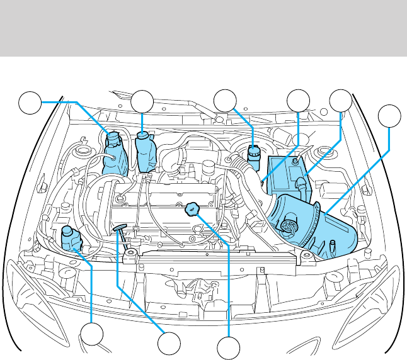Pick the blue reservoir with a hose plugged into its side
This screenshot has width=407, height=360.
(x=115, y=153)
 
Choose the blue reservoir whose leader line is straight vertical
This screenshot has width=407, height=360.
(x=146, y=151)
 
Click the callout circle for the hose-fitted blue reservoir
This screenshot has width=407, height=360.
(x=29, y=102)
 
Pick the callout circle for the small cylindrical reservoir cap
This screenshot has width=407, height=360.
(x=224, y=101)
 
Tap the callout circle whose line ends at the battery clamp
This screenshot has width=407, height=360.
(x=341, y=101)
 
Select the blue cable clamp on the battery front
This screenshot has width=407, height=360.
(x=302, y=184)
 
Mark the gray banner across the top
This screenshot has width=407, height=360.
(x=203, y=28)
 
